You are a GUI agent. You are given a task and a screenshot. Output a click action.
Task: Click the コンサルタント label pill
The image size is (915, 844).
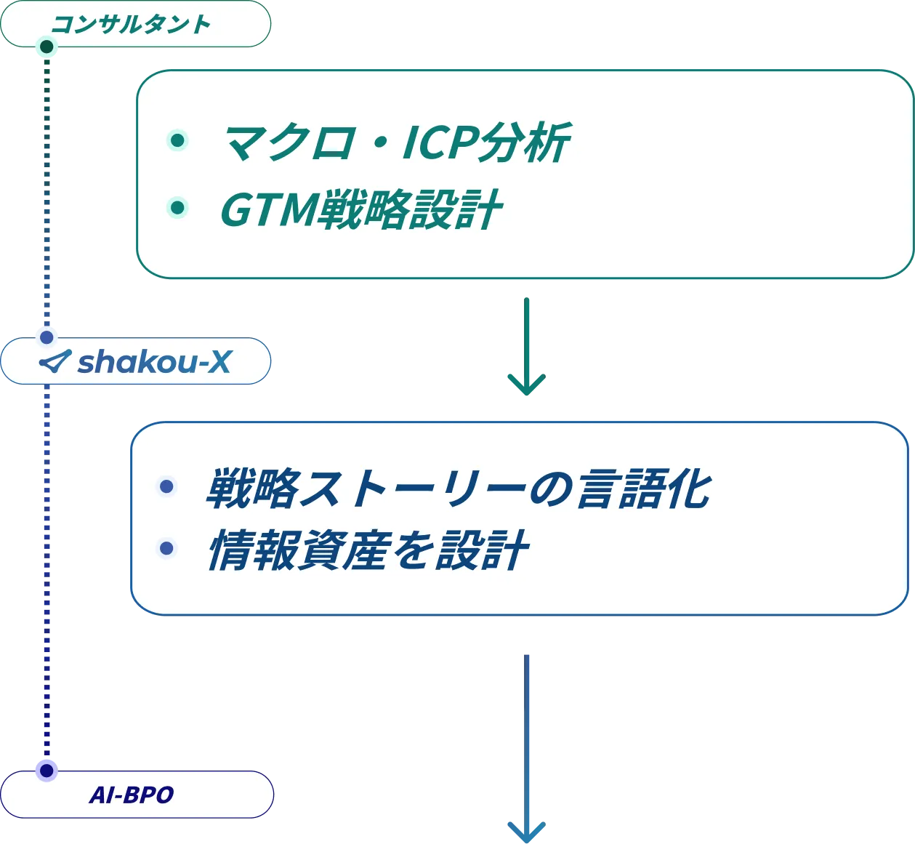pos(135,24)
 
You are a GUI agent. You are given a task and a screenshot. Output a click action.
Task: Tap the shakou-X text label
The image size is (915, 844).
pos(154,361)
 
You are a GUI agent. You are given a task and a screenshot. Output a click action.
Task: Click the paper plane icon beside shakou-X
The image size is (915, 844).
pos(55,361)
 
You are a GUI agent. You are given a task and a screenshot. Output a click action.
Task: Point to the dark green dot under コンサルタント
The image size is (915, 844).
pos(47,48)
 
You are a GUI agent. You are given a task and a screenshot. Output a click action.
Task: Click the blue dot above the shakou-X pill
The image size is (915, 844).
pos(47,337)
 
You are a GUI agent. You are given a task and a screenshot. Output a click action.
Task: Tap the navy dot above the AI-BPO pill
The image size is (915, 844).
pos(47,770)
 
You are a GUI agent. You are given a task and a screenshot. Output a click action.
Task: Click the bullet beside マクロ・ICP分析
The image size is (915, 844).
pos(177,140)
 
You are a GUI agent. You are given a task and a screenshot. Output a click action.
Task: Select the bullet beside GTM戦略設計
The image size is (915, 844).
pos(177,208)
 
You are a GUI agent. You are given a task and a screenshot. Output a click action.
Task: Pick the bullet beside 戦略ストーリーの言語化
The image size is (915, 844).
pos(166,486)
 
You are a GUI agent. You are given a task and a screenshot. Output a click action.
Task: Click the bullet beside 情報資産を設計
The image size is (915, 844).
pos(166,548)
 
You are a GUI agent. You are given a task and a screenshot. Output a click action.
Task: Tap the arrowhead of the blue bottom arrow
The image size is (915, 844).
pos(526,831)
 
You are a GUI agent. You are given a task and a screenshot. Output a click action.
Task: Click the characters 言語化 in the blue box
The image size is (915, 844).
pos(643,488)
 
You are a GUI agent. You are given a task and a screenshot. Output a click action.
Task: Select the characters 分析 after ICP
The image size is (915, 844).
pos(525,142)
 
